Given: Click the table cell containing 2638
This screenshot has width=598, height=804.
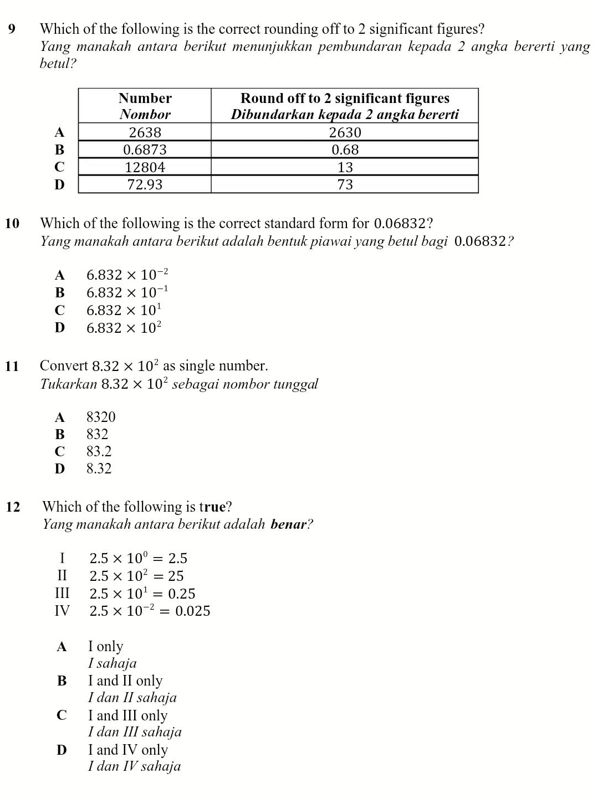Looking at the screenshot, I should point(145,133).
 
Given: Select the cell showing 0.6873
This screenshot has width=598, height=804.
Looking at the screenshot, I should point(145,150).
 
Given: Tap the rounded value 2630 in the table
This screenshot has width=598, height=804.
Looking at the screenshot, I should point(345,133).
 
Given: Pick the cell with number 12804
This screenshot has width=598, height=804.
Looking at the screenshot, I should point(145,167).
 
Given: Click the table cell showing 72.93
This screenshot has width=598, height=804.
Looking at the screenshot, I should point(145,184).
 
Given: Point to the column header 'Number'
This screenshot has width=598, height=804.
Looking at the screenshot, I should point(145,99).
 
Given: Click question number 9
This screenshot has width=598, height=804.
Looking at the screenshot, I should point(12,29).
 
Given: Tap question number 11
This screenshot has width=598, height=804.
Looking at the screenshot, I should point(12,366).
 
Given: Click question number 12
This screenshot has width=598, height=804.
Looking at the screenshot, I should point(13,507).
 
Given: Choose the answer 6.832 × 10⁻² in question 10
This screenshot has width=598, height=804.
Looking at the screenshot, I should point(127,275).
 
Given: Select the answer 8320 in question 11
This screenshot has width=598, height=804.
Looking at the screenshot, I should point(101,417).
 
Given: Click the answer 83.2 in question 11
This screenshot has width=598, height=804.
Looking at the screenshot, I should point(99,451).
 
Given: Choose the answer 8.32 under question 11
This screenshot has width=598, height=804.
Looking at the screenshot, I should point(99,468).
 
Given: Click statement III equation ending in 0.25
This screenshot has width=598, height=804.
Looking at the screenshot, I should point(142,594).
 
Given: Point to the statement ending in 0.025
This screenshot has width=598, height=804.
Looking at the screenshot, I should point(150,611).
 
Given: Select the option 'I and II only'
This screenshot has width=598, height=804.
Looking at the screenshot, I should point(125,681).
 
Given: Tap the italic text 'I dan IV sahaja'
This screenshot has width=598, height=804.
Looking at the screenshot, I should point(134,766).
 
